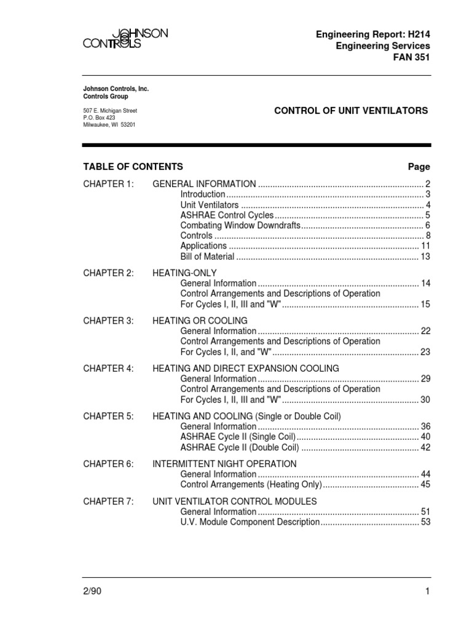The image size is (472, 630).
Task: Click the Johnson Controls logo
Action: [x=125, y=39]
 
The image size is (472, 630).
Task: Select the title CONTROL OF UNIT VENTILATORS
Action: [x=350, y=111]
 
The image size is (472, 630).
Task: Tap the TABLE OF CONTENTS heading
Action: [x=133, y=167]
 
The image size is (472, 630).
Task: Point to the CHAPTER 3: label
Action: [x=108, y=321]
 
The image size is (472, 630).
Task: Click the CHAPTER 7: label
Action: [x=108, y=501]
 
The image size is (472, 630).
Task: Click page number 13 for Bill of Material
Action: [x=425, y=256]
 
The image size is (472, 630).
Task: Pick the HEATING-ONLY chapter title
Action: [x=184, y=273]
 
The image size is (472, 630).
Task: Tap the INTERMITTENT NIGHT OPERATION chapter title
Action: [x=224, y=464]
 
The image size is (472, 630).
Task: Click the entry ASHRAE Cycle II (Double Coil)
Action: [x=240, y=447]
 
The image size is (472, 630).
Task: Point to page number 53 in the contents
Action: [x=425, y=522]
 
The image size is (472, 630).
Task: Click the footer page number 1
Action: [x=427, y=591]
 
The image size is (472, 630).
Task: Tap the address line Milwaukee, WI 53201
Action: [x=109, y=125]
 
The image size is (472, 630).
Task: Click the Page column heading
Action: [x=419, y=167]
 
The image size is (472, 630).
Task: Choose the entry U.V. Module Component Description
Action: [x=250, y=522]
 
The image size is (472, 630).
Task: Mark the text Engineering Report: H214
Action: [x=374, y=34]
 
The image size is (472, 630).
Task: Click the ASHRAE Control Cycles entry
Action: [x=227, y=215]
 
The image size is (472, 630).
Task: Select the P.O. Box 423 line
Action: [x=100, y=118]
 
